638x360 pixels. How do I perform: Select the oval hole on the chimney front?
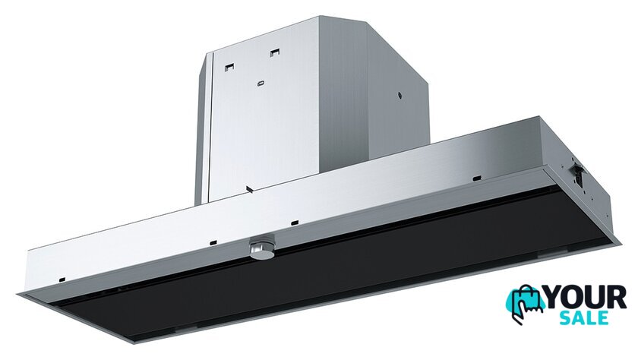tap(261, 84)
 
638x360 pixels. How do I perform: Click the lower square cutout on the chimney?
tap(230, 66)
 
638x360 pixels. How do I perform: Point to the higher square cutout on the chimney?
tap(275, 52)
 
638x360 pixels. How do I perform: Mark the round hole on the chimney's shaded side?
tap(400, 95)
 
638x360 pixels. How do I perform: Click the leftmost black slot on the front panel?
tap(62, 279)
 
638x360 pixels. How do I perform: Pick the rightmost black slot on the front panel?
tap(476, 178)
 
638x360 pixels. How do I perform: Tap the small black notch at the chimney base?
tap(250, 189)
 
